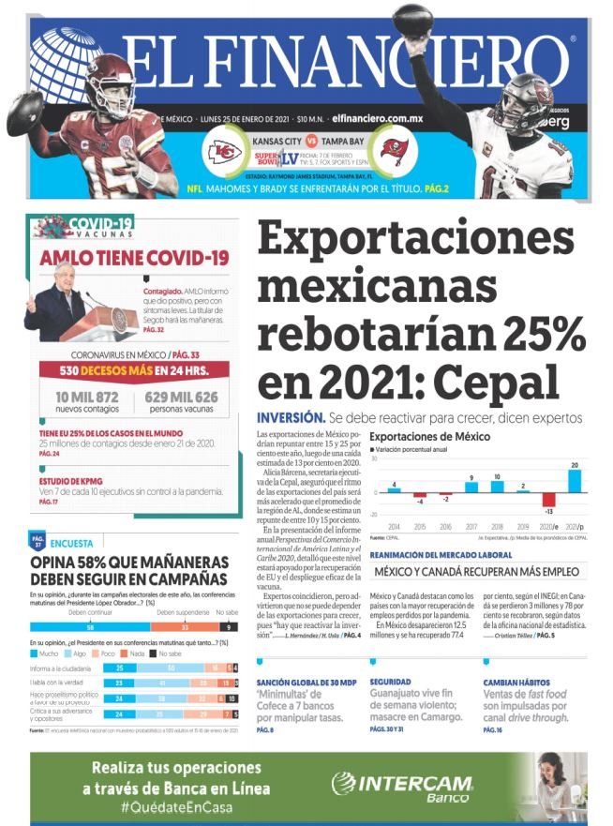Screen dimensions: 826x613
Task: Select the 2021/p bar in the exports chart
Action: click(575, 480)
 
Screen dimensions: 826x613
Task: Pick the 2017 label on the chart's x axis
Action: click(471, 528)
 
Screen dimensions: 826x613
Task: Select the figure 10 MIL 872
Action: click(81, 398)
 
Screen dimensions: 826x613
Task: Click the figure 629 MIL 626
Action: click(181, 398)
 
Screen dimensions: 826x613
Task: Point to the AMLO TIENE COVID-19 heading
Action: click(133, 257)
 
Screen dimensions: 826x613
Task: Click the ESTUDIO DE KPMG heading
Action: click(71, 480)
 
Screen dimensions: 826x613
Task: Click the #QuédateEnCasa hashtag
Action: click(176, 806)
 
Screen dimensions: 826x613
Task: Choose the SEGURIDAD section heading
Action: click(392, 682)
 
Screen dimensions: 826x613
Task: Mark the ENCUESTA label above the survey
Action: click(71, 543)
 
